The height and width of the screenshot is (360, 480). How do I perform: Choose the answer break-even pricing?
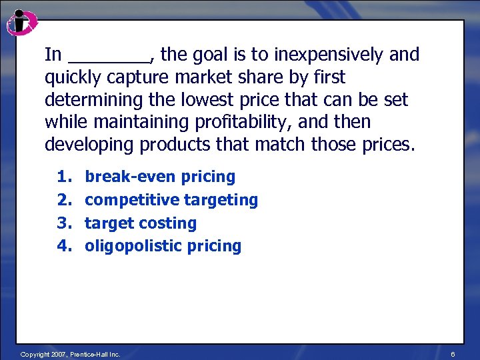pos(160,177)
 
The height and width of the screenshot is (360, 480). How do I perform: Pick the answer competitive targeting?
pos(171,200)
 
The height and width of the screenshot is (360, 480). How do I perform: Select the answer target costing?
pos(141,223)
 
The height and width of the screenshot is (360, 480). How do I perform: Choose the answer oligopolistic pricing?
pos(163,246)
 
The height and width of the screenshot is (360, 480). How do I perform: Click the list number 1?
pos(63,177)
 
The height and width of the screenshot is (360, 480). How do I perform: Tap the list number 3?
pos(63,223)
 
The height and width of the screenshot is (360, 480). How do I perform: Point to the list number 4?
pos(63,246)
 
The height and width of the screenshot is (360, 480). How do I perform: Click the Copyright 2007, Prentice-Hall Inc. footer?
pos(70,354)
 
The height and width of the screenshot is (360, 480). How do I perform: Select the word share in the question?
pos(267,78)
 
